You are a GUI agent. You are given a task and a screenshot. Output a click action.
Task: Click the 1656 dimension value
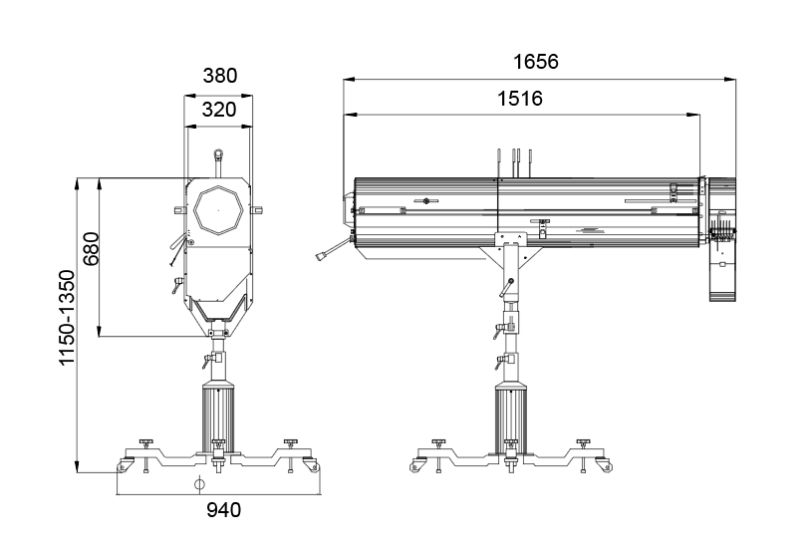(x=536, y=62)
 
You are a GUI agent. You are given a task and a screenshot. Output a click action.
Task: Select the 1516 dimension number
(x=520, y=99)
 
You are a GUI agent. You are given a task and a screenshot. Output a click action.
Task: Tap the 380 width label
(x=220, y=76)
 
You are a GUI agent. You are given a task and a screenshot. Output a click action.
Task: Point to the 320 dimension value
(x=219, y=110)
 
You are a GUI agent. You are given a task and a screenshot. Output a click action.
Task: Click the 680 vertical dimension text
(x=92, y=248)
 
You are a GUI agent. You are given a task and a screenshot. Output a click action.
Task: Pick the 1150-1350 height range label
(x=67, y=318)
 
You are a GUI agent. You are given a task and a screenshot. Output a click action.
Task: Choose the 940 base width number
(x=223, y=510)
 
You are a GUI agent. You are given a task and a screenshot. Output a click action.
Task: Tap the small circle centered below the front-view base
(x=199, y=483)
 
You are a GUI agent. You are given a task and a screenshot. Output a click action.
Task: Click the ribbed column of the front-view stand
(x=218, y=416)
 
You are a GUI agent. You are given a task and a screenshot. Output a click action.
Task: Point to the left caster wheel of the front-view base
(x=124, y=465)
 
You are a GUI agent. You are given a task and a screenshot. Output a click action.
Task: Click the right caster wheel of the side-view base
(x=607, y=465)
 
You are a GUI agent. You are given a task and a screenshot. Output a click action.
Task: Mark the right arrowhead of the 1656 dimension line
(x=730, y=79)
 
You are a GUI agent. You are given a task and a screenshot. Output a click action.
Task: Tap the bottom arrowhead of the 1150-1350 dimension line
(x=77, y=466)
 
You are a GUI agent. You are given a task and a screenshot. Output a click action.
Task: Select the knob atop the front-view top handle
(x=218, y=153)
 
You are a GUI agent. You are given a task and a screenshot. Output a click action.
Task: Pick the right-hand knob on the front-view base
(x=291, y=442)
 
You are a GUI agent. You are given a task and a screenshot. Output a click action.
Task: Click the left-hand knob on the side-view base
(x=438, y=442)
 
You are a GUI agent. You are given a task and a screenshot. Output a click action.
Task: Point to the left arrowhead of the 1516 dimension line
(x=351, y=115)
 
